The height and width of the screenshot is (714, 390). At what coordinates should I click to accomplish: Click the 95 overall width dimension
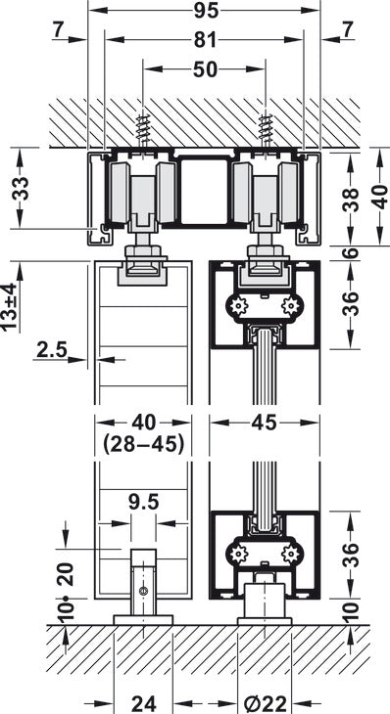(x=206, y=11)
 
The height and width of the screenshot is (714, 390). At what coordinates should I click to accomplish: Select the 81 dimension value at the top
(x=205, y=40)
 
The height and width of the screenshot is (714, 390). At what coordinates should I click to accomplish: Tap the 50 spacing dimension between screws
(x=205, y=69)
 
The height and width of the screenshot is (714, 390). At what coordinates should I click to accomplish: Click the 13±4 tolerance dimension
(x=10, y=306)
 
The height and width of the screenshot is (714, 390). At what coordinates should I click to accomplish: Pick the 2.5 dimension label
(x=52, y=350)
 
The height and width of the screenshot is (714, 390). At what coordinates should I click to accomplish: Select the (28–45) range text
(x=143, y=444)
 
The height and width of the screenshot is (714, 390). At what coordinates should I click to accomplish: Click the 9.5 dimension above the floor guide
(x=143, y=503)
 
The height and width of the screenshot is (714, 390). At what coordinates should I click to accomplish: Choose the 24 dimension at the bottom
(x=144, y=704)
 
